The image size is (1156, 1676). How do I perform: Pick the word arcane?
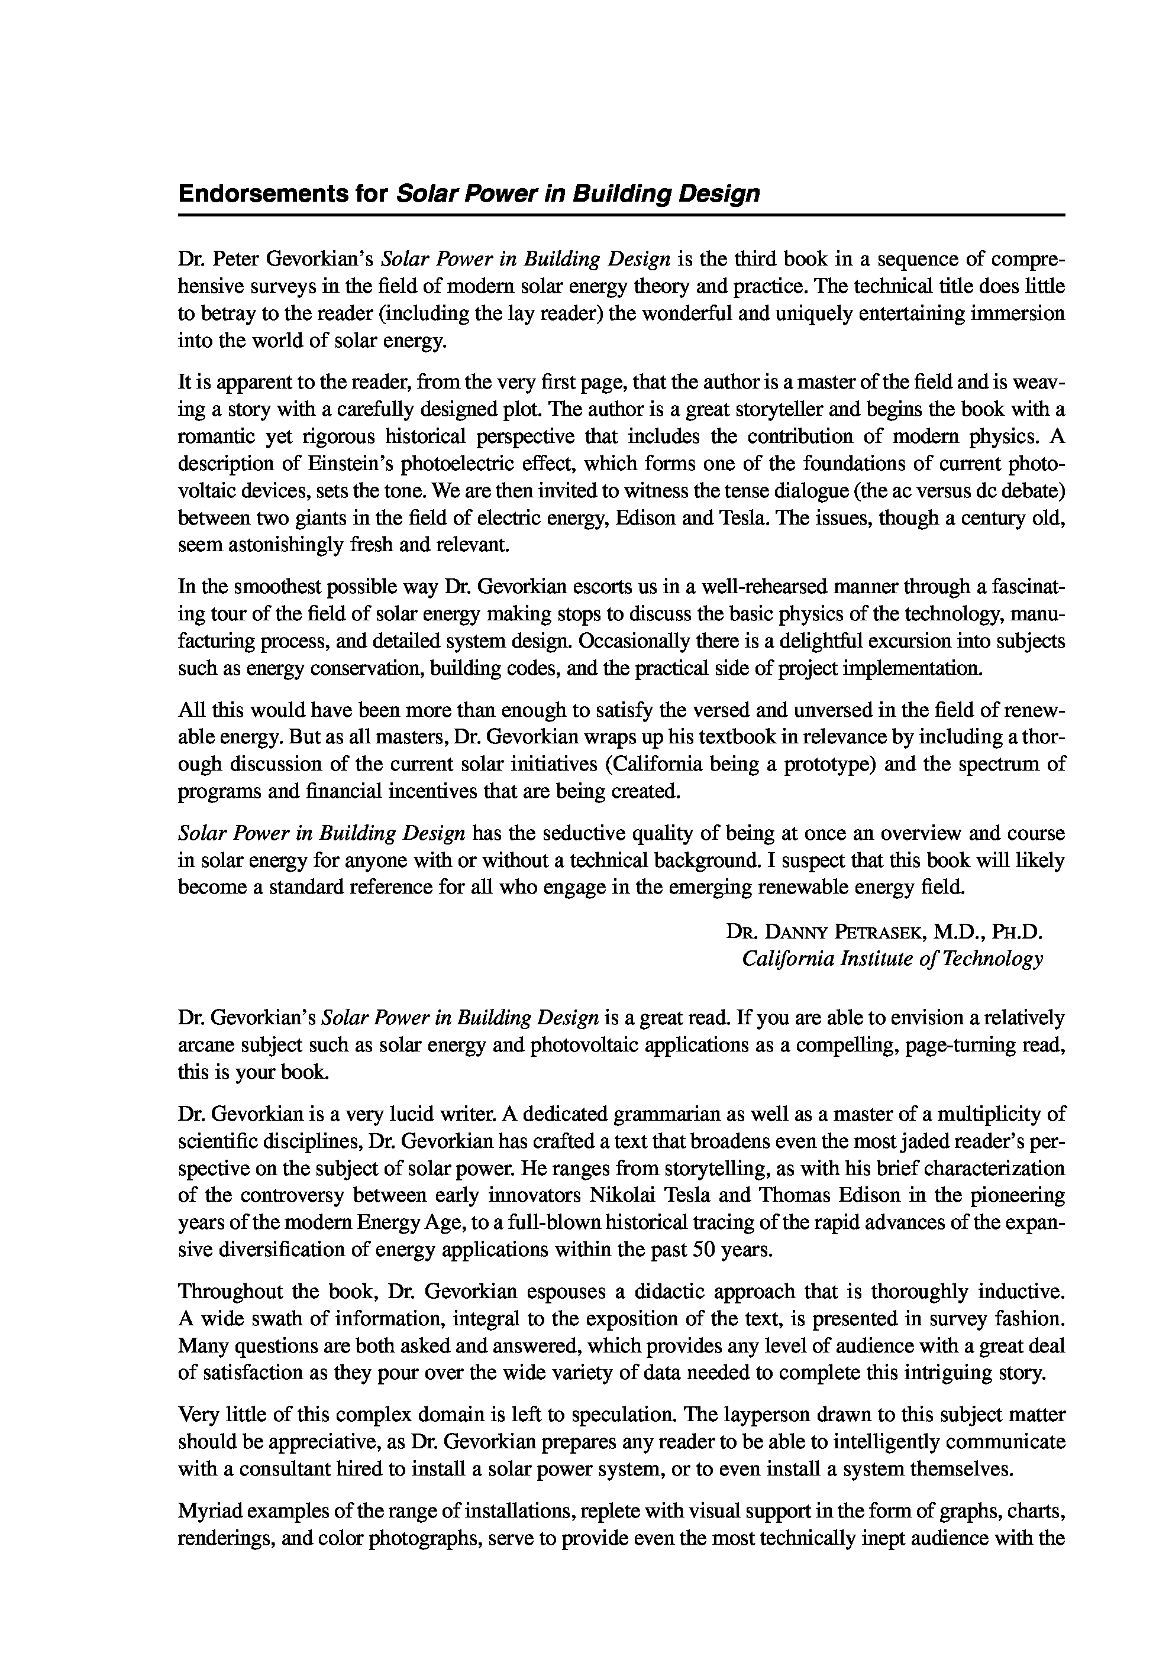(x=204, y=1046)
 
